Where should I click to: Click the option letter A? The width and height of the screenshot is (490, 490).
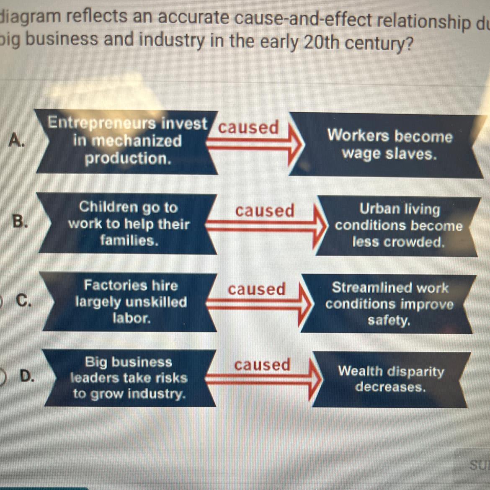(x=15, y=139)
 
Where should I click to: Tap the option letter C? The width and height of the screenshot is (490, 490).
(x=23, y=300)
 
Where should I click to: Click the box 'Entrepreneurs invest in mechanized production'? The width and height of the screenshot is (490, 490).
(x=127, y=141)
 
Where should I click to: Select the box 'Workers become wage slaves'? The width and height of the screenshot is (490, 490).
(x=389, y=145)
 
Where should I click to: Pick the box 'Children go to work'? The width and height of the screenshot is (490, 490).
(x=129, y=224)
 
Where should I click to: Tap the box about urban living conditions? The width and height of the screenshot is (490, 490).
(x=398, y=226)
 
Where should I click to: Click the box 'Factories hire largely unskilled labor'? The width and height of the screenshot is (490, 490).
(x=131, y=302)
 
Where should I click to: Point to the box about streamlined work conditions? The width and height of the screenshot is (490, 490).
(x=389, y=304)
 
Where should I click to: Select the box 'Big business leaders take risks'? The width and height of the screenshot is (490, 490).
(x=129, y=378)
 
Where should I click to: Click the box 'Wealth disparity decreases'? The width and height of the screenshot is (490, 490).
(x=390, y=379)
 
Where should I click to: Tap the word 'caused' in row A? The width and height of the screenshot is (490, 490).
(x=248, y=127)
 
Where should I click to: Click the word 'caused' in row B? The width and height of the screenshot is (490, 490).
(x=265, y=210)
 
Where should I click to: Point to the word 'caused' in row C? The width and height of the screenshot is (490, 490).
(x=256, y=289)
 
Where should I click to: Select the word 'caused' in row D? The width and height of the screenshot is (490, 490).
(x=262, y=364)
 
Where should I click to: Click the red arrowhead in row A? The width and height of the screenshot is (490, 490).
(x=295, y=144)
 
